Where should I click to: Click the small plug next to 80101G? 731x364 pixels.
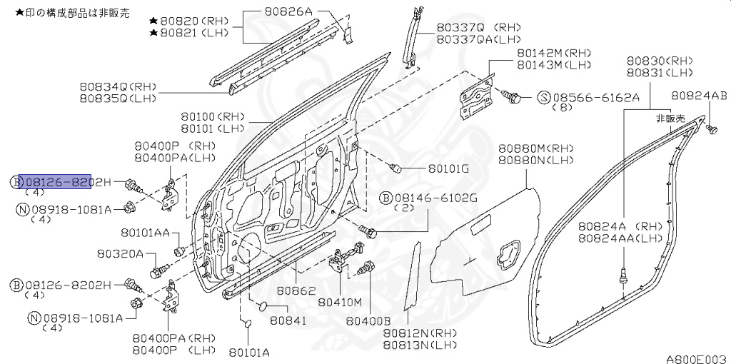397,168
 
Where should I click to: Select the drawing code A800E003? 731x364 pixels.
696,358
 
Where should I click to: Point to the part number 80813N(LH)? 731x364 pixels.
419,345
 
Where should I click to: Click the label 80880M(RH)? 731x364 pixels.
535,149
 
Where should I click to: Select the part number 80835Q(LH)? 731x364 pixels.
118,98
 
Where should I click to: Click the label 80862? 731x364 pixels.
296,291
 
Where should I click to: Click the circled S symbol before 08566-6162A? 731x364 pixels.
543,96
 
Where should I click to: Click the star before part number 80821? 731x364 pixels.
153,32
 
